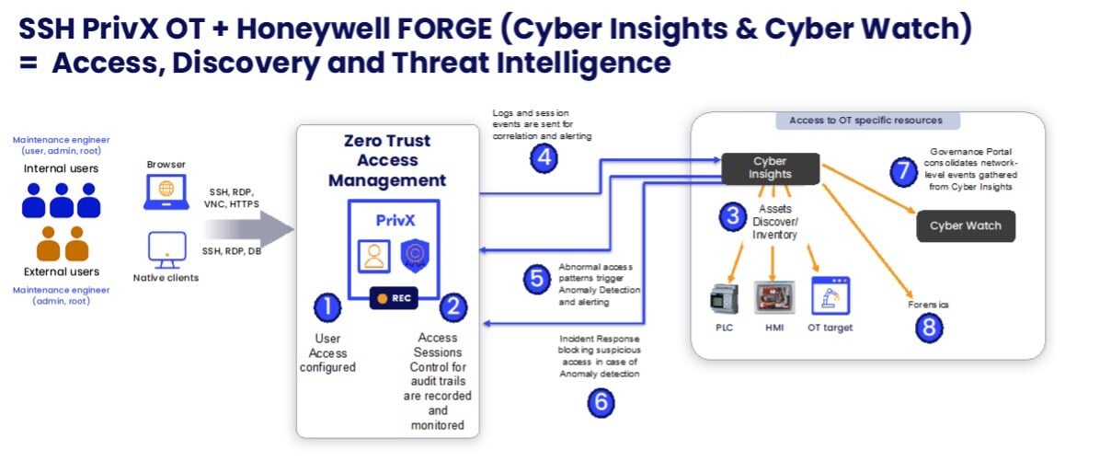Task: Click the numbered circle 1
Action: (x=327, y=307)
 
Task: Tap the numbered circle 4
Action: (x=544, y=158)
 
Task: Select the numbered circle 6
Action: (x=600, y=401)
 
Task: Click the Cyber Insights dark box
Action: (x=770, y=167)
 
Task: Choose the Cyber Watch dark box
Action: (x=966, y=225)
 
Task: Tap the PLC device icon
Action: (x=725, y=298)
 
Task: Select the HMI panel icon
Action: (x=774, y=298)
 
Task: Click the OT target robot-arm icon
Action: (x=830, y=296)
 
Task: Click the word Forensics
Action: (x=928, y=304)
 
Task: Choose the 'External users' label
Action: (x=61, y=271)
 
